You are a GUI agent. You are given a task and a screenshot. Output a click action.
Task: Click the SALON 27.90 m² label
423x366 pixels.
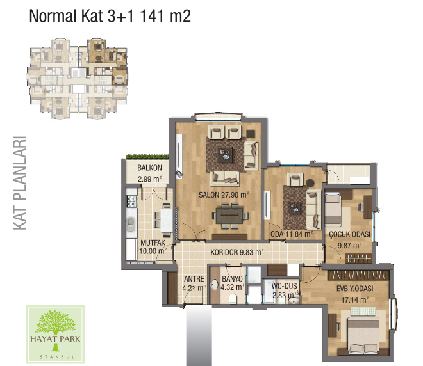coord(224,195)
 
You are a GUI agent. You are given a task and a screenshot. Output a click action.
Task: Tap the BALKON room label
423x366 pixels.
coord(149,168)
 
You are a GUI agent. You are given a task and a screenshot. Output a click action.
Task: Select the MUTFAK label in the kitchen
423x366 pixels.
coord(153,243)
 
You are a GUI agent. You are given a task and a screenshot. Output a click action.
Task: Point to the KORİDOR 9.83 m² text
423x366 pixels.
coord(237,252)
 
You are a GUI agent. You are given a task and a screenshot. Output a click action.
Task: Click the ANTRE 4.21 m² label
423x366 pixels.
coord(194,283)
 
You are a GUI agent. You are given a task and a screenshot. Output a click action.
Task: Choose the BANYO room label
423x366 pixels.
coord(232,279)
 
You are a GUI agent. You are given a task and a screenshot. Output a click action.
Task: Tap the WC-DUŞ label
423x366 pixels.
coord(284,286)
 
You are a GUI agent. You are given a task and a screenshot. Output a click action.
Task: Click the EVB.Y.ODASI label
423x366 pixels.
coord(355,289)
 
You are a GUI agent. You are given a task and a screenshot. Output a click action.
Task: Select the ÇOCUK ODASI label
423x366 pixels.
coord(350,234)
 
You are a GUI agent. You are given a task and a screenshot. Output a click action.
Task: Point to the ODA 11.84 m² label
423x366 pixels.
coord(292,234)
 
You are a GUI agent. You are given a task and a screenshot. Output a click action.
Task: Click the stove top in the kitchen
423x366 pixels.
coord(131,201)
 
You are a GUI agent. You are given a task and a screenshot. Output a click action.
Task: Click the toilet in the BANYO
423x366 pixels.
coord(232,299)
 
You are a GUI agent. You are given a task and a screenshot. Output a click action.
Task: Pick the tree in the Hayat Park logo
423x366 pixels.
coord(55,326)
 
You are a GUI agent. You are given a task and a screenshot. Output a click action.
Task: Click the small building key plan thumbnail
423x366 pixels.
coord(77,78)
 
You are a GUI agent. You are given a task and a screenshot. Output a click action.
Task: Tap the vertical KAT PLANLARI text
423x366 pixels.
coord(20,183)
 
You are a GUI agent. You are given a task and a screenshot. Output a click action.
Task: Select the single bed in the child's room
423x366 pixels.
coord(333,208)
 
